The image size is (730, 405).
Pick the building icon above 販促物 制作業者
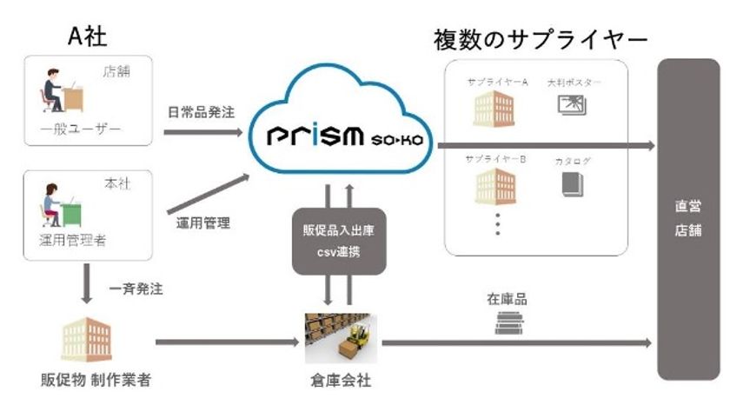[x=86, y=340]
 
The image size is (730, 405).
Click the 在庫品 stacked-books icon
[x=508, y=323]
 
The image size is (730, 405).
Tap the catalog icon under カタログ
[x=571, y=184]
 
